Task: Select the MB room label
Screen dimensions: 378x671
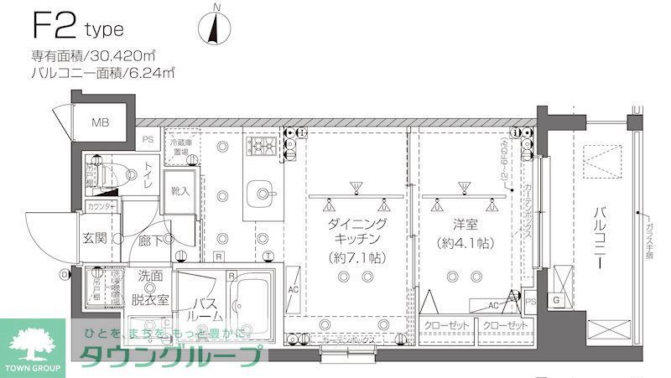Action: pyautogui.click(x=101, y=123)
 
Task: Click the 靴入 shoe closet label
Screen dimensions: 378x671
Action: pyautogui.click(x=181, y=190)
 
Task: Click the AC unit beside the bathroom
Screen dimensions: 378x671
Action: pyautogui.click(x=294, y=290)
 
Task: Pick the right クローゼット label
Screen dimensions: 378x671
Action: pyautogui.click(x=507, y=325)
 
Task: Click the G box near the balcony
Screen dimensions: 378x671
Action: pyautogui.click(x=555, y=300)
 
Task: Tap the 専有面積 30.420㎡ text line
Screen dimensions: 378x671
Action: pyautogui.click(x=94, y=57)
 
